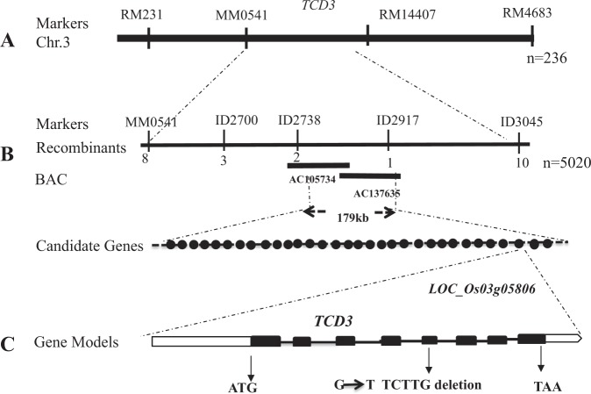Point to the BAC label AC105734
(314, 179)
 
